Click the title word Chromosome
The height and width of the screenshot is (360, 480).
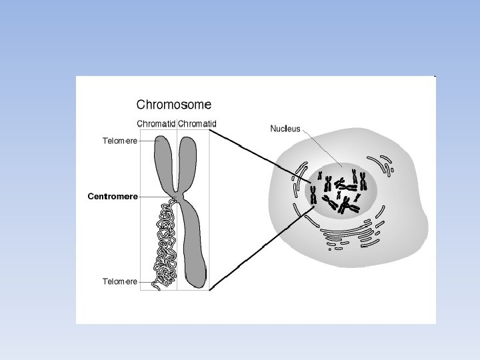[174, 105]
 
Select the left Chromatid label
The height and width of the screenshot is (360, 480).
[156, 123]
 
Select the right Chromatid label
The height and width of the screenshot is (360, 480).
[197, 123]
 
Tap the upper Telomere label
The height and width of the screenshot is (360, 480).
[119, 141]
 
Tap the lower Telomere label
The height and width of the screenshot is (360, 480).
[119, 281]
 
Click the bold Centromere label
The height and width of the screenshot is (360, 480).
[113, 197]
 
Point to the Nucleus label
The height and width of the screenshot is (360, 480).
[285, 129]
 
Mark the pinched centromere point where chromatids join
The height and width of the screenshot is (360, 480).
[177, 195]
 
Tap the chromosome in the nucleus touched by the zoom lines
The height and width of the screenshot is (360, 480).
[313, 195]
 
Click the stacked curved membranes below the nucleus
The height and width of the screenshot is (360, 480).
[347, 235]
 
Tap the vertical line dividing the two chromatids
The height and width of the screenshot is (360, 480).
[177, 253]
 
